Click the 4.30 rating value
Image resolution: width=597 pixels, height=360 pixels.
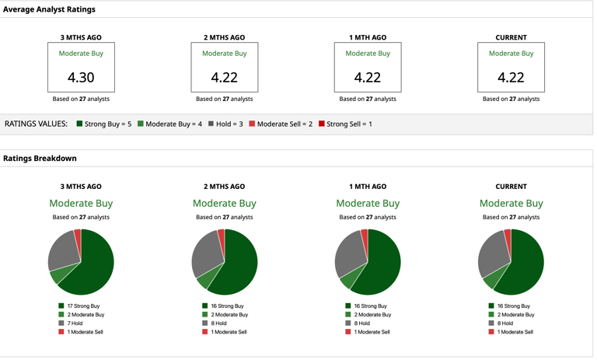[x=81, y=78]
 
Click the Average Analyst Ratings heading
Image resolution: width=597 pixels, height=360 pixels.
[x=49, y=9]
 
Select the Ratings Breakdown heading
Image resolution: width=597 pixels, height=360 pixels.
[x=40, y=158]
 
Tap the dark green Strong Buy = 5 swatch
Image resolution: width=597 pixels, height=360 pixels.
[x=79, y=124]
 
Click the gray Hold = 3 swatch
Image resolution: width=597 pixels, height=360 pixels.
[x=211, y=124]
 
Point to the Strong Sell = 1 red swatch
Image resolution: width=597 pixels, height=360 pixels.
[x=321, y=124]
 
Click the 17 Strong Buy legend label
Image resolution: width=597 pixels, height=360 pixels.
[x=83, y=306]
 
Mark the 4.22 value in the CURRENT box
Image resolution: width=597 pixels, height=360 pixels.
[x=511, y=78]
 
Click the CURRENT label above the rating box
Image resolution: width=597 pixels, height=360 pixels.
[x=511, y=37]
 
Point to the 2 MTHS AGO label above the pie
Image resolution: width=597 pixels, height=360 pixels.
[x=224, y=187]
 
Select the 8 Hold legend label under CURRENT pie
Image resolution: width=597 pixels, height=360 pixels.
[x=505, y=323]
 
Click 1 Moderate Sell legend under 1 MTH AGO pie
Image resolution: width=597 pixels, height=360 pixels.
[x=372, y=332]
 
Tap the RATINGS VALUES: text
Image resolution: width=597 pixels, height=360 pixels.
[x=36, y=124]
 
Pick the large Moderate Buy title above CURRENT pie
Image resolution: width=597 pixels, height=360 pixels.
[x=511, y=204]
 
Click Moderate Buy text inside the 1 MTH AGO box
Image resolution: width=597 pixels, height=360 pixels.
[x=368, y=54]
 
